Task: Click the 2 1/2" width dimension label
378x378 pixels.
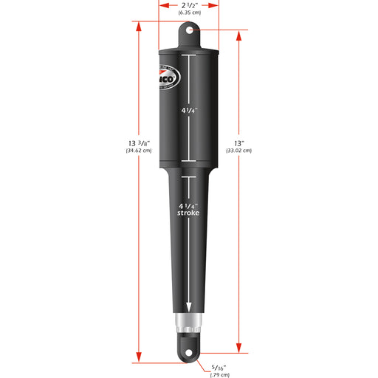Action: [189, 6]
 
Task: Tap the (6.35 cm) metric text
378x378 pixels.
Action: [189, 14]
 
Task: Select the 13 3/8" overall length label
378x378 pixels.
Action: [138, 142]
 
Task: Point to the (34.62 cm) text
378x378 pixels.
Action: [138, 151]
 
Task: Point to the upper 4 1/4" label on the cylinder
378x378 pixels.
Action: [189, 111]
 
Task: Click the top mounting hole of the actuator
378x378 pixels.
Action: [189, 31]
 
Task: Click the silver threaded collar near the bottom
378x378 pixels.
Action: [189, 322]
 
